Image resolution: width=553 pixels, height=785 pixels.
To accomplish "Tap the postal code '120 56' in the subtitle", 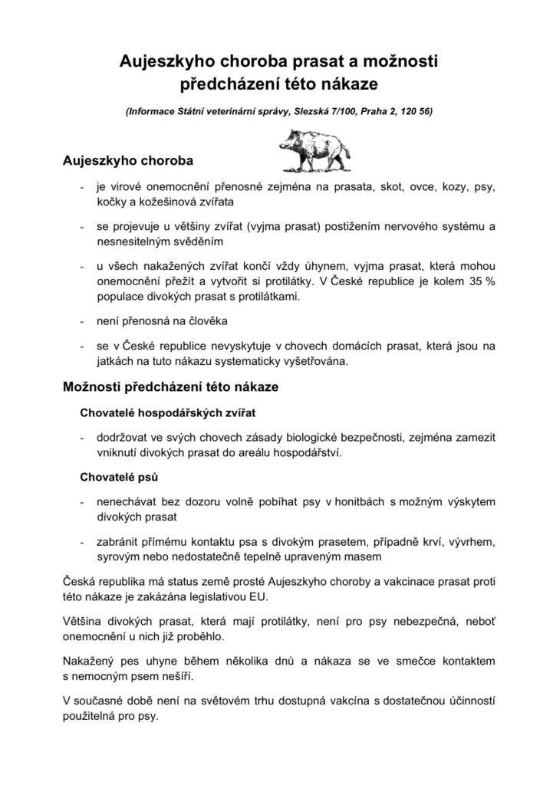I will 415,111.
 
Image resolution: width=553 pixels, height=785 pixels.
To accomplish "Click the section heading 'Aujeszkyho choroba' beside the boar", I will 127,162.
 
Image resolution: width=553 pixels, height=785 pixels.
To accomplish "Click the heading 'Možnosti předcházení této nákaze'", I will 170,387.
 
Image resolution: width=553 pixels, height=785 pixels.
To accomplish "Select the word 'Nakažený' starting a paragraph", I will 88,660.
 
